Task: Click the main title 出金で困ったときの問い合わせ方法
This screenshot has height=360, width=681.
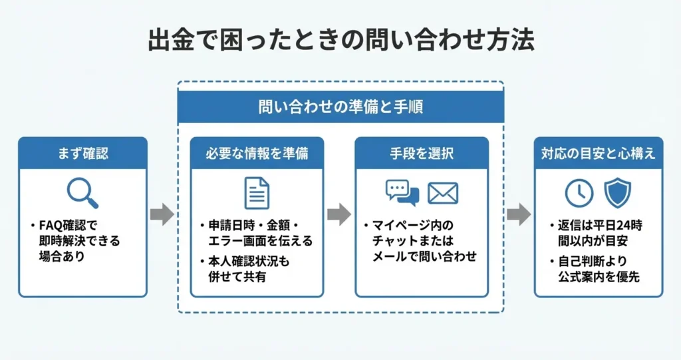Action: (340, 41)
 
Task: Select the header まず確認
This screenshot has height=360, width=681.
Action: (82, 154)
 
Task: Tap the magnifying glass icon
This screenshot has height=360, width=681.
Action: (83, 194)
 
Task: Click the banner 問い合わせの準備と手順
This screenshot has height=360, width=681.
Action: (340, 106)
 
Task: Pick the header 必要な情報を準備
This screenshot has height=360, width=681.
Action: (257, 154)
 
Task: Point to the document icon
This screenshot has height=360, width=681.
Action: (257, 193)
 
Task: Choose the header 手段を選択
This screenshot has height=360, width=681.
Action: (422, 154)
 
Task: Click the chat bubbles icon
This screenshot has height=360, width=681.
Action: (402, 193)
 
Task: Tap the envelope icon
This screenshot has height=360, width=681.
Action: (443, 193)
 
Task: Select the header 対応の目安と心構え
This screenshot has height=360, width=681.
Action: (599, 154)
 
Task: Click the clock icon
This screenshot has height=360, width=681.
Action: (579, 193)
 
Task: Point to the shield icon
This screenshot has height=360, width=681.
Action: (616, 193)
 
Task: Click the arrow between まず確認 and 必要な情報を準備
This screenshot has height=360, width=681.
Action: (162, 214)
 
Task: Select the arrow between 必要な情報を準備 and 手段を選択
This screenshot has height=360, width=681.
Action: (339, 214)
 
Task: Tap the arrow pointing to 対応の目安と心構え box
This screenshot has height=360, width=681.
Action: (519, 214)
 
